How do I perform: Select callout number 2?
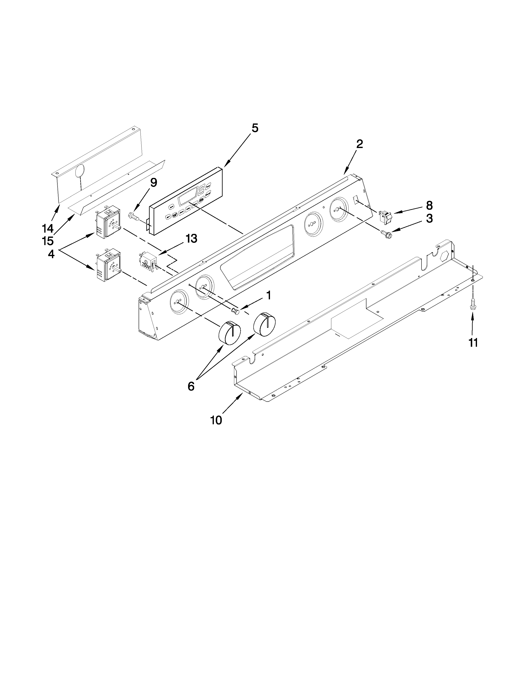click(x=360, y=144)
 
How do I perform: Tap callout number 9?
click(x=153, y=183)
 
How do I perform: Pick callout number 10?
click(x=216, y=420)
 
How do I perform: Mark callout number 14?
click(x=48, y=228)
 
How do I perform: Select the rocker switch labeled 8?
click(x=385, y=217)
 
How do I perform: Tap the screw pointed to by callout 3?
click(x=385, y=234)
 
